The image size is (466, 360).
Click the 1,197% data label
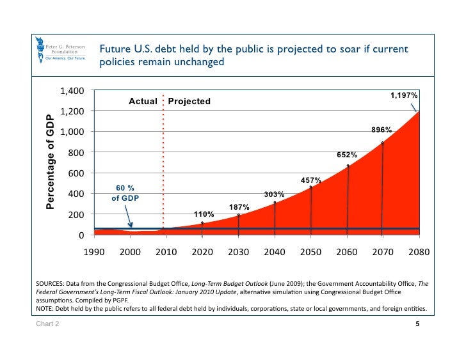405,95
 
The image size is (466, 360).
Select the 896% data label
382,130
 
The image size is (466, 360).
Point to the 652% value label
347,155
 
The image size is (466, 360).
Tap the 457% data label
310,181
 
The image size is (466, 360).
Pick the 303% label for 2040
274,194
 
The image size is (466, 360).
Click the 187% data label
239,207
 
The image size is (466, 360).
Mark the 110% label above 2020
204,214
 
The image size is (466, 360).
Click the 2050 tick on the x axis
310,253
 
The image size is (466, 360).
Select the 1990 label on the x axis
94,253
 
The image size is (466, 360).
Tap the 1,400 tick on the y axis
71,91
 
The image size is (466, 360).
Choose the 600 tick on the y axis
75,173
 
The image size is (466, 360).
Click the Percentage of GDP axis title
50,162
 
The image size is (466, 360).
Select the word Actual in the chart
143,102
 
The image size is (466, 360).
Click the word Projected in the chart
189,102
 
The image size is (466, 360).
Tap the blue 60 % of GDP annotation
125,192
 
